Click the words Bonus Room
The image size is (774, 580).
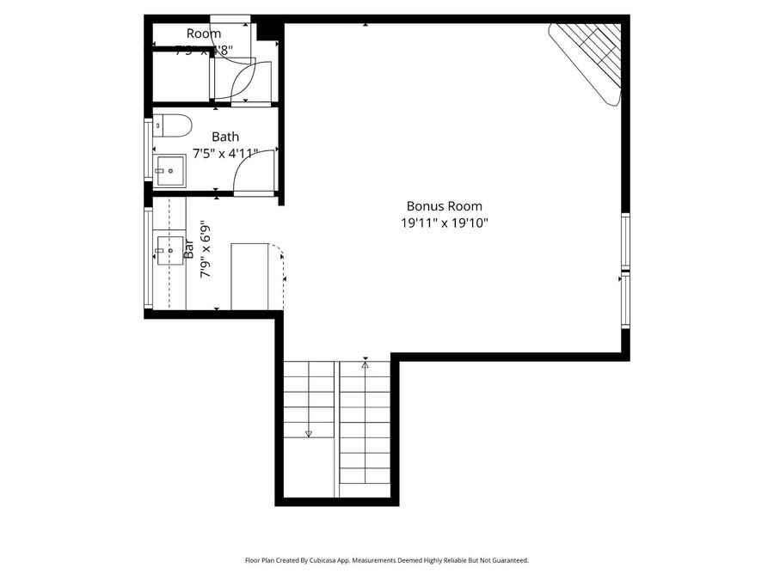(444, 206)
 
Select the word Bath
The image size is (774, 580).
(225, 137)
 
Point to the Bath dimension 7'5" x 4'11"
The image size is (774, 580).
(225, 154)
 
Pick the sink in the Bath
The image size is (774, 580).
(169, 170)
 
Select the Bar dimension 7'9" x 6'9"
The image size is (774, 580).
(206, 250)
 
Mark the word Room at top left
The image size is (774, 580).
(204, 34)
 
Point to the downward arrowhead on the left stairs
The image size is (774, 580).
(308, 434)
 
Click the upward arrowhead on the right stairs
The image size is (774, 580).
(365, 364)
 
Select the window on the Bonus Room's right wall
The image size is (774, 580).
(625, 270)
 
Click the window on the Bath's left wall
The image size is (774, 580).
(148, 150)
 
